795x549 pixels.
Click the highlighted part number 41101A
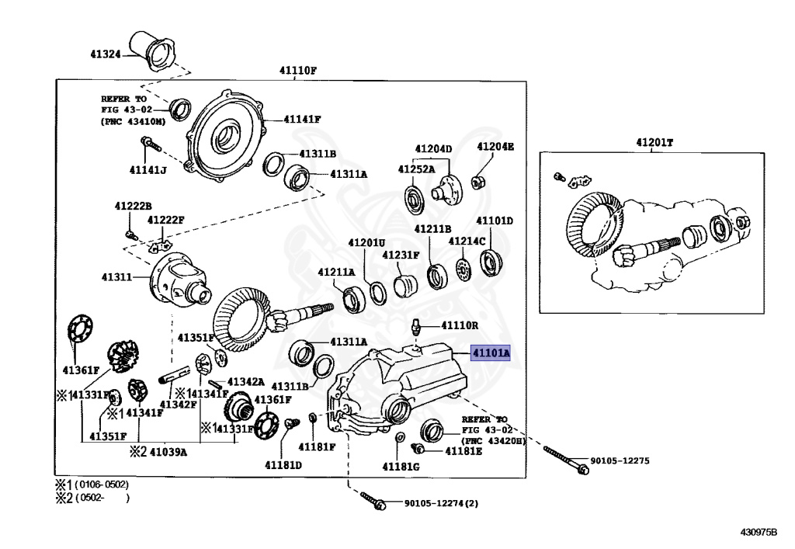[491, 353]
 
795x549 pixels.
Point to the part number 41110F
[299, 71]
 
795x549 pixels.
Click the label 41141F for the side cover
[302, 119]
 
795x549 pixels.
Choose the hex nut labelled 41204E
[480, 182]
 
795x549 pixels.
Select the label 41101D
[495, 221]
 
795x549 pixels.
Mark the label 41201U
[367, 242]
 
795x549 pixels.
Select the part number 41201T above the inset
[654, 142]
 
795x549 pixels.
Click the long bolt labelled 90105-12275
[564, 459]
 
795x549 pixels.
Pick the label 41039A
[168, 452]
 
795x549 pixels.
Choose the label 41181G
[401, 466]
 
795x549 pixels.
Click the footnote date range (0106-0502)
[101, 485]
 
